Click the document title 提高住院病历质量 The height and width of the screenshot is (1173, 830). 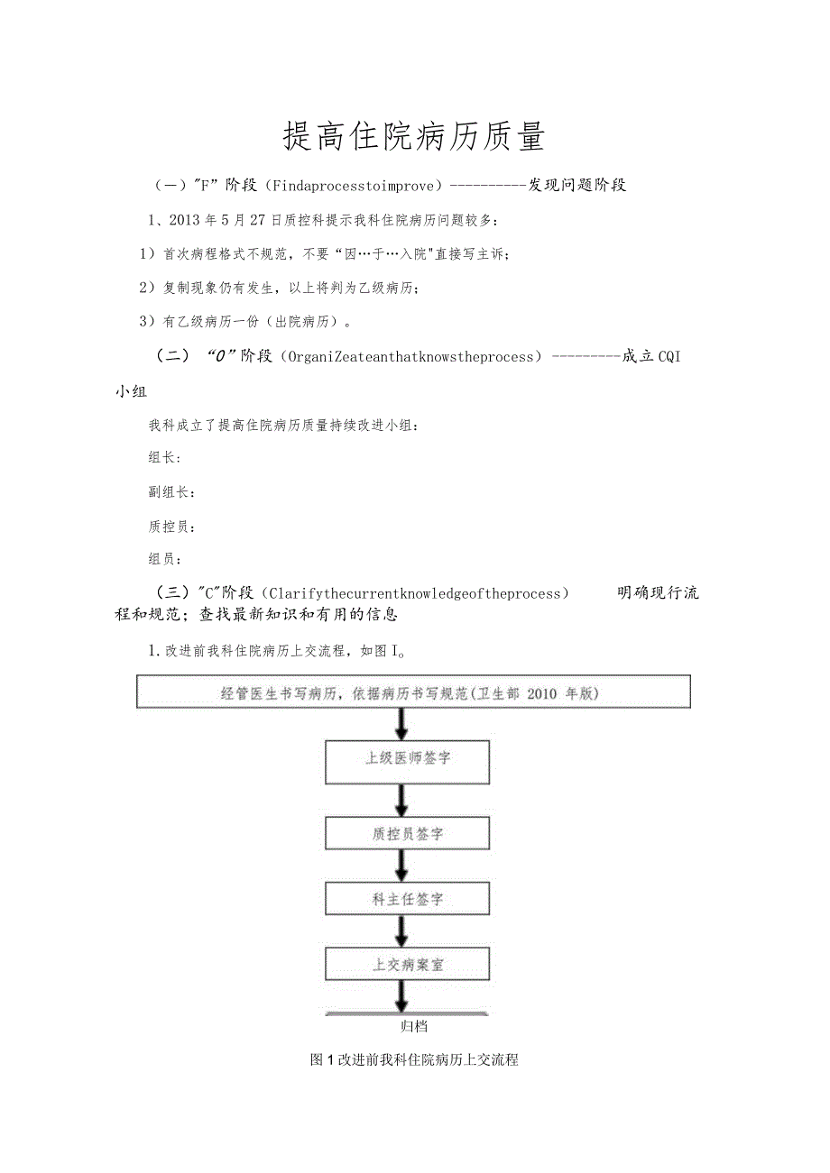click(414, 138)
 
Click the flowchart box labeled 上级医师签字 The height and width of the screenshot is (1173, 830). click(407, 759)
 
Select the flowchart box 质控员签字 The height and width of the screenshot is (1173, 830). click(407, 834)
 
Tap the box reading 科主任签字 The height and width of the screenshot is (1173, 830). click(407, 899)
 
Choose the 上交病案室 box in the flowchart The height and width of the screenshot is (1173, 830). click(407, 964)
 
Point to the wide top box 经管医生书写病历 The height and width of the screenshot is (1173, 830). click(414, 693)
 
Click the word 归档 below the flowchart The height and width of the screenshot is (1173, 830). click(413, 1026)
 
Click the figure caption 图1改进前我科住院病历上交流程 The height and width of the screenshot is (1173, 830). click(414, 1060)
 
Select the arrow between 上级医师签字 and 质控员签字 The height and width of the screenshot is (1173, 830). click(402, 799)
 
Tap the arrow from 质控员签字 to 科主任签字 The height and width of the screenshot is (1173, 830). click(402, 866)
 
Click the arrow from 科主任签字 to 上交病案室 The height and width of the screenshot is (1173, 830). click(402, 931)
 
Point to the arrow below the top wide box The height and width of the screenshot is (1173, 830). click(402, 724)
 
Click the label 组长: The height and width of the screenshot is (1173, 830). click(164, 458)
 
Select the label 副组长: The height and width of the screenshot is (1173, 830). click(171, 492)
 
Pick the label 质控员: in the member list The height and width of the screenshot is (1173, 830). click(171, 527)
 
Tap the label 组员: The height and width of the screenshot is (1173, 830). click(164, 559)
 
